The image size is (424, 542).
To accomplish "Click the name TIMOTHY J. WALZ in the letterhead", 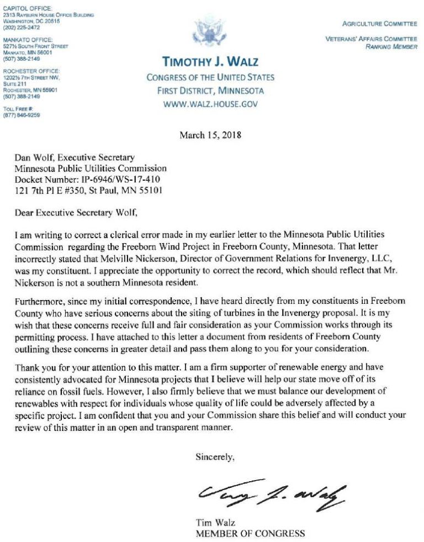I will tap(210, 61).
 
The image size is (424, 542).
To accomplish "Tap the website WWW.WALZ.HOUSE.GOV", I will tap(210, 104).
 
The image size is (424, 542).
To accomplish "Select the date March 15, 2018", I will tap(210, 135).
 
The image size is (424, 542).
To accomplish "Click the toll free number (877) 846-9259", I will tap(22, 115).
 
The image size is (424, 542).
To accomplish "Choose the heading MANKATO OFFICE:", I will tap(28, 39).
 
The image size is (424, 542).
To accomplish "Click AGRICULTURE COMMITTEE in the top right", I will tap(379, 25).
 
